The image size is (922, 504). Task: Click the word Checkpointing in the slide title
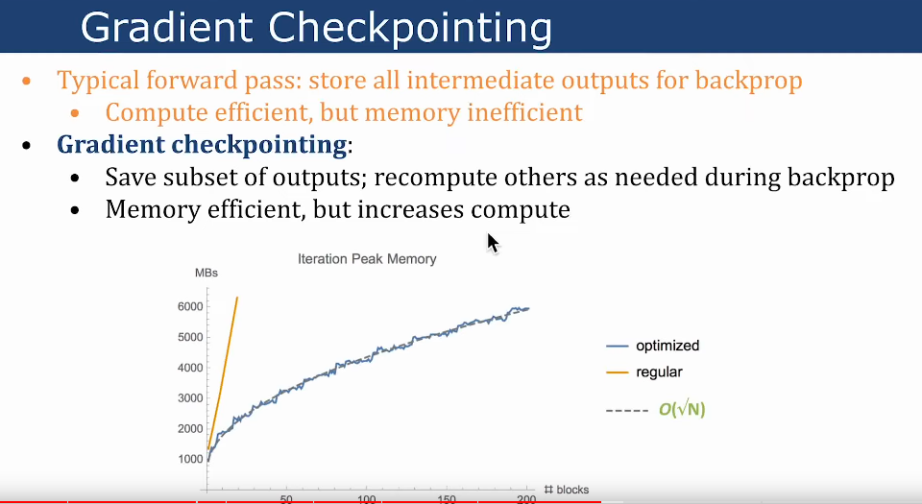pyautogui.click(x=410, y=28)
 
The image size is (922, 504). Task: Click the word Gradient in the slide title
pyautogui.click(x=167, y=27)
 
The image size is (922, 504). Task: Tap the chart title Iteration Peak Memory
pyautogui.click(x=367, y=259)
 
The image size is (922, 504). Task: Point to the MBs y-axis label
pyautogui.click(x=206, y=274)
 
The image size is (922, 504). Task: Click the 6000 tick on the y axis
pyautogui.click(x=190, y=306)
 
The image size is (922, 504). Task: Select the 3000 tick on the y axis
pyautogui.click(x=190, y=398)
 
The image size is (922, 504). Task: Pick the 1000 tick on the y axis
pyautogui.click(x=190, y=459)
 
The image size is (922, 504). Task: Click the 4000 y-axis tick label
pyautogui.click(x=190, y=368)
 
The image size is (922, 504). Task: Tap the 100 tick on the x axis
pyautogui.click(x=366, y=499)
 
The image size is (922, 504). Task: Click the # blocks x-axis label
pyautogui.click(x=567, y=490)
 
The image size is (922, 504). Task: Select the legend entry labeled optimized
pyautogui.click(x=653, y=346)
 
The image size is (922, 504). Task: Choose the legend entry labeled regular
pyautogui.click(x=644, y=372)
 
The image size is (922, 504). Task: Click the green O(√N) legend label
pyautogui.click(x=682, y=409)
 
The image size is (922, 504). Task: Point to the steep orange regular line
pyautogui.click(x=222, y=373)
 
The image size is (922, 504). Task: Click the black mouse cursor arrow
pyautogui.click(x=493, y=243)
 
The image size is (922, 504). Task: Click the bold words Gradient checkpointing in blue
pyautogui.click(x=202, y=145)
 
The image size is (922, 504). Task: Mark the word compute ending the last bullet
pyautogui.click(x=521, y=210)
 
